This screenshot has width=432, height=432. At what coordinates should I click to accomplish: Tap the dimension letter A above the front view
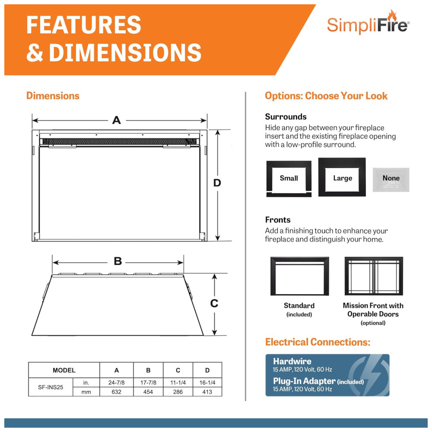[x=117, y=120]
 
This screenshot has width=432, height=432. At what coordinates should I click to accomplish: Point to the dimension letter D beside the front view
[x=217, y=183]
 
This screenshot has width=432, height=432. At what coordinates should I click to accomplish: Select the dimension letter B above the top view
[x=118, y=261]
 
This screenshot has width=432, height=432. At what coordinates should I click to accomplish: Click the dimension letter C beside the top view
[x=214, y=303]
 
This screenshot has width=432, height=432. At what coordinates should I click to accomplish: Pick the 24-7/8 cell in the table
[x=117, y=382]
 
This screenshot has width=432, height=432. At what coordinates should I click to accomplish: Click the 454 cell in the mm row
[x=148, y=392]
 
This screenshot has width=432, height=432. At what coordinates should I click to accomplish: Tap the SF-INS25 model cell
[x=51, y=387]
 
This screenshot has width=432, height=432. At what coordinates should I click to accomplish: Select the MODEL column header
[x=64, y=370]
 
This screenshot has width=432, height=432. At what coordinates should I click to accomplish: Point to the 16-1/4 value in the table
[x=207, y=382]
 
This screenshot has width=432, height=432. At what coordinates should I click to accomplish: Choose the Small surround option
[x=289, y=178]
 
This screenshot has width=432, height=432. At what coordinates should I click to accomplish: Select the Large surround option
[x=342, y=177]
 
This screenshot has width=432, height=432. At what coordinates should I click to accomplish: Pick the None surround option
[x=391, y=179]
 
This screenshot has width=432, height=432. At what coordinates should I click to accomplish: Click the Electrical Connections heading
[x=318, y=342]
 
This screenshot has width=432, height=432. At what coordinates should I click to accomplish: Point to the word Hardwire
[x=292, y=361]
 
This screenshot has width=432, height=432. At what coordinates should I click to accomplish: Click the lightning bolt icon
[x=368, y=375]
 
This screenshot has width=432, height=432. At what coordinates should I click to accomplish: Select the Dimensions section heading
[x=53, y=96]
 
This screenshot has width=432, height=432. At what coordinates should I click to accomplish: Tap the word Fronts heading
[x=278, y=220]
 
